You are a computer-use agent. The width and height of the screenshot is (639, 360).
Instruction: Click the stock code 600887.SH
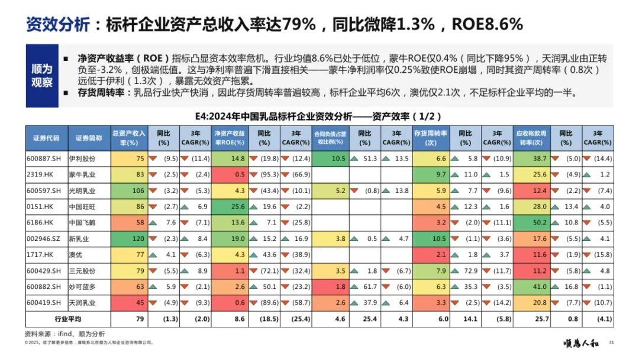(46, 159)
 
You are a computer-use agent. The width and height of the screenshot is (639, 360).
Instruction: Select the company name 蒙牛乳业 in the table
(86, 175)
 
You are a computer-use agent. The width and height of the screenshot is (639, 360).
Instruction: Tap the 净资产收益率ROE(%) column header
(230, 138)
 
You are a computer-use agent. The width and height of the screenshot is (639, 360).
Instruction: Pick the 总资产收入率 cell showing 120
(137, 239)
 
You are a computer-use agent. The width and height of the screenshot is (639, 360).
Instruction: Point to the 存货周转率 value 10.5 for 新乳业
(437, 239)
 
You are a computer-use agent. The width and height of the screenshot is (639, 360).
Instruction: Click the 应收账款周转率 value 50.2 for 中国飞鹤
(538, 223)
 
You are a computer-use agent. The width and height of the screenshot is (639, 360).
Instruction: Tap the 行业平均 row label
(68, 319)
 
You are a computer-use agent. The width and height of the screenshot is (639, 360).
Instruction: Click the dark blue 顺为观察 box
(42, 76)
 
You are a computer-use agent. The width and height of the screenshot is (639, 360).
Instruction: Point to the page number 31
(611, 342)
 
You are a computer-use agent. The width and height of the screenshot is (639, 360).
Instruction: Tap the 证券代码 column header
(46, 138)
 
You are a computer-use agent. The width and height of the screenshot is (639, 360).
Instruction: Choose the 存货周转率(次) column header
(430, 138)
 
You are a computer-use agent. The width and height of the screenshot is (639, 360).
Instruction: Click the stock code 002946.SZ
(46, 239)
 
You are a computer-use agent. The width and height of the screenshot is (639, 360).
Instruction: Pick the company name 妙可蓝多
(86, 287)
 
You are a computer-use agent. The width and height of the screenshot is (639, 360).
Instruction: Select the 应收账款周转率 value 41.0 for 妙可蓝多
(538, 287)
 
